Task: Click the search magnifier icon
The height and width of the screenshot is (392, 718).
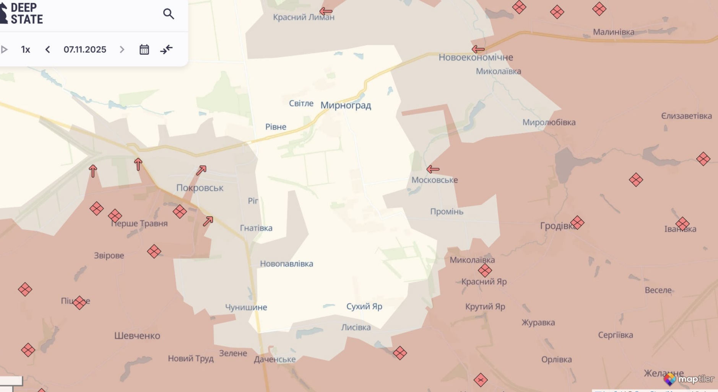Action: click(168, 14)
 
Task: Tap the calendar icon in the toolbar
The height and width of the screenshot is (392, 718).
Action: click(144, 49)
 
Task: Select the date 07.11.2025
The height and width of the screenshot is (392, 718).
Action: click(85, 49)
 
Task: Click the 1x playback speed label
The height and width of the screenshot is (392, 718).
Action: click(26, 49)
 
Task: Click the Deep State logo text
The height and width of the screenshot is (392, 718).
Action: click(26, 13)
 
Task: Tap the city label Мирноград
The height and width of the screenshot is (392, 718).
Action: click(346, 105)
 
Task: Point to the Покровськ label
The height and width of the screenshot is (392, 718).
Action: click(200, 188)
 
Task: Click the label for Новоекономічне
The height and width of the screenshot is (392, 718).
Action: click(476, 57)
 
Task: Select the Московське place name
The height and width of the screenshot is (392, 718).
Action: click(434, 180)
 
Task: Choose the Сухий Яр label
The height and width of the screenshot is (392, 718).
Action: click(364, 306)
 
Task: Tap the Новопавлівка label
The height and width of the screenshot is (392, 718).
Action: click(286, 264)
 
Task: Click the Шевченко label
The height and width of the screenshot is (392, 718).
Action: click(137, 336)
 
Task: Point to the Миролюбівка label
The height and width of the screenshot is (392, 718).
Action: click(549, 122)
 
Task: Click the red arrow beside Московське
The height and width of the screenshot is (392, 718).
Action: click(433, 169)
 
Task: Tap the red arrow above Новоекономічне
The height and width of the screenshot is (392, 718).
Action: click(478, 49)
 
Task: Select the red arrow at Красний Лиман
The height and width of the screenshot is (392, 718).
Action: click(326, 11)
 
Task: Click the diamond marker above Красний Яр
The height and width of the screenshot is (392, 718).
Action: click(485, 271)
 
